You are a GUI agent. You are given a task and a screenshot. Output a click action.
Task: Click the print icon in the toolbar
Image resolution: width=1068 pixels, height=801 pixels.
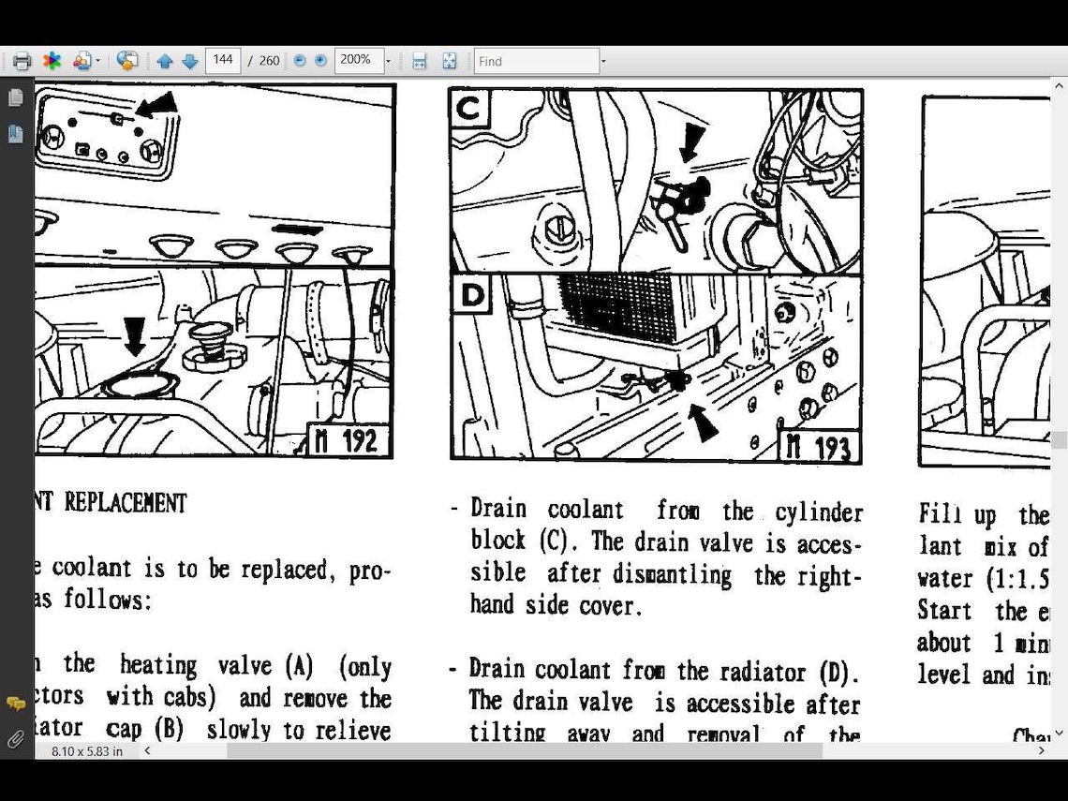pyautogui.click(x=22, y=61)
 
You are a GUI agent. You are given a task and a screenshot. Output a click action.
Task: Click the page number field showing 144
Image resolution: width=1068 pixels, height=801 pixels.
pyautogui.click(x=223, y=60)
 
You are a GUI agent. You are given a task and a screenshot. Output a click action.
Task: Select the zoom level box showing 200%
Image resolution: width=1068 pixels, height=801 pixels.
pyautogui.click(x=357, y=60)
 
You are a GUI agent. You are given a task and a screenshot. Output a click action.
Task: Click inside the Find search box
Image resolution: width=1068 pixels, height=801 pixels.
pyautogui.click(x=536, y=61)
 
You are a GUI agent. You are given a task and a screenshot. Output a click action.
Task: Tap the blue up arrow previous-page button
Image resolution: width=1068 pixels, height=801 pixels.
pyautogui.click(x=165, y=61)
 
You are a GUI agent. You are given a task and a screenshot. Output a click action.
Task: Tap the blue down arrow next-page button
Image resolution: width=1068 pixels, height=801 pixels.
pyautogui.click(x=189, y=61)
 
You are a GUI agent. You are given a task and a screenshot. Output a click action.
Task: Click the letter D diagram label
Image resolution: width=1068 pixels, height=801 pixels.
pyautogui.click(x=472, y=295)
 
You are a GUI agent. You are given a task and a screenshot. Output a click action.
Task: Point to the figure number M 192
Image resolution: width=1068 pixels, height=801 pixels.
pyautogui.click(x=349, y=440)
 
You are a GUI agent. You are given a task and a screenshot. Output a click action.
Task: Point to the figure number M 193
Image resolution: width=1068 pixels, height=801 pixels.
pyautogui.click(x=820, y=447)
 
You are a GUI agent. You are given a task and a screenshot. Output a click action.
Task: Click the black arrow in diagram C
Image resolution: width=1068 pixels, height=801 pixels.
pyautogui.click(x=690, y=142)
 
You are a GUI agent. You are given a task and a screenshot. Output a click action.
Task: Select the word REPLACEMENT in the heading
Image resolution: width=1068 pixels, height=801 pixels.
pyautogui.click(x=126, y=503)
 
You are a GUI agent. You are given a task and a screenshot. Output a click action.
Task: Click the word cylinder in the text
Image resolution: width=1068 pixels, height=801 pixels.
pyautogui.click(x=819, y=512)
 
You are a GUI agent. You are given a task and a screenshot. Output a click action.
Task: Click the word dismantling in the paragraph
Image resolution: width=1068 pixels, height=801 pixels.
pyautogui.click(x=672, y=574)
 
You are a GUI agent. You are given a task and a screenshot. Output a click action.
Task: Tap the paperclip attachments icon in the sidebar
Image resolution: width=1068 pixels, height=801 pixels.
pyautogui.click(x=16, y=739)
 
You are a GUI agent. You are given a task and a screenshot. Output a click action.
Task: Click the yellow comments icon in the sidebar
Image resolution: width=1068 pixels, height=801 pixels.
pyautogui.click(x=16, y=704)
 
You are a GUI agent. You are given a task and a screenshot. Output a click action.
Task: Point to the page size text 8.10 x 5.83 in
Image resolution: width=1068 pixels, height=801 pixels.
pyautogui.click(x=87, y=751)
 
